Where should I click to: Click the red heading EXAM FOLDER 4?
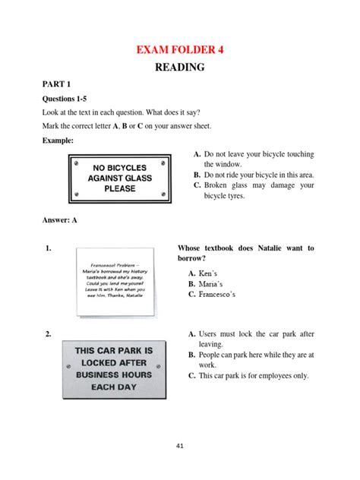[180, 50]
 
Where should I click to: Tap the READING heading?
[180, 68]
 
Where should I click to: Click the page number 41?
[179, 446]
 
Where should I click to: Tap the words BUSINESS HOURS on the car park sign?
[114, 374]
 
